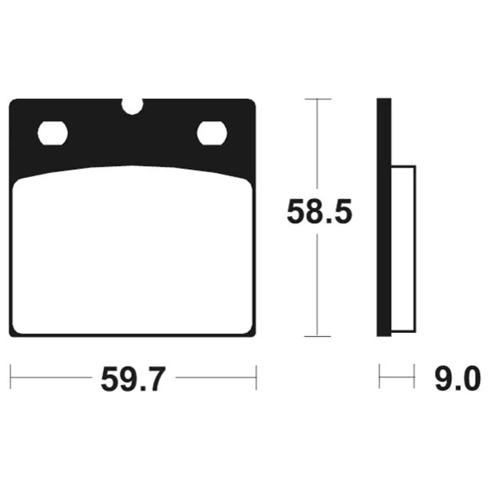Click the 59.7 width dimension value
[x=132, y=380]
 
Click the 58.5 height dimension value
[x=319, y=211]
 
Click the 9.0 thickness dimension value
[x=458, y=379]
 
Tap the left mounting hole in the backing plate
[x=53, y=133]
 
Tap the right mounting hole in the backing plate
[x=212, y=133]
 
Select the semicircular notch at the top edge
[x=132, y=106]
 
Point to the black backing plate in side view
[x=384, y=217]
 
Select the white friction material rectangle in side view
[x=403, y=249]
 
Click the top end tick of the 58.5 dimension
[x=318, y=99]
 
